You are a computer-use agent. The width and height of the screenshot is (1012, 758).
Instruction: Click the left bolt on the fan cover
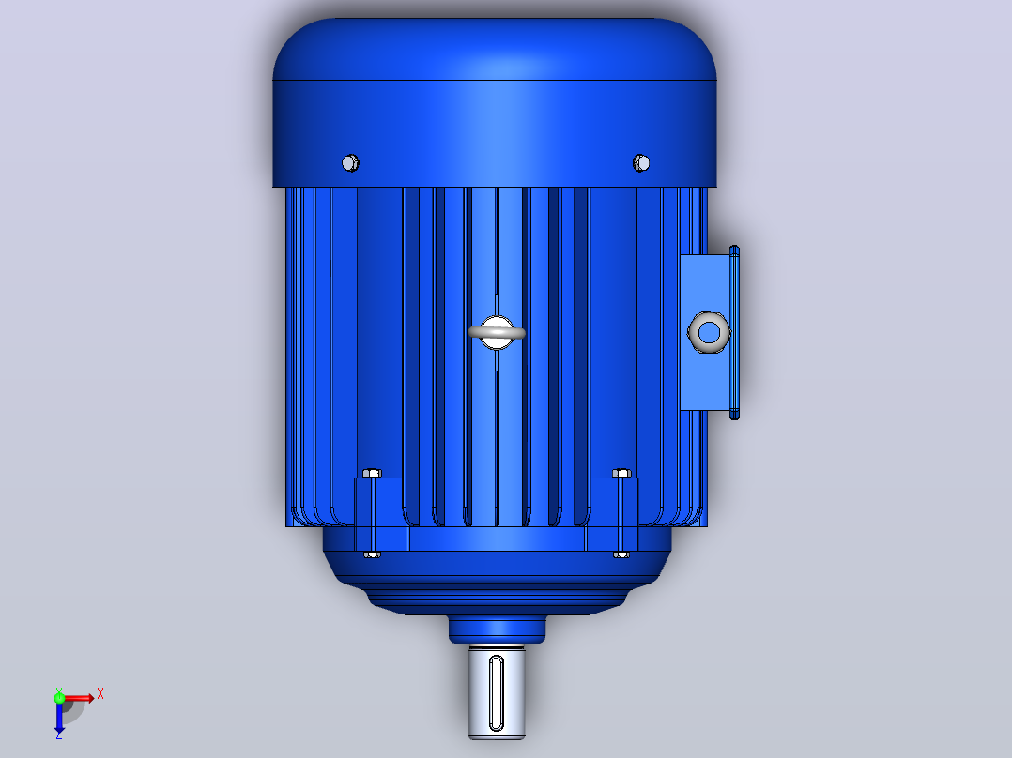coord(350,163)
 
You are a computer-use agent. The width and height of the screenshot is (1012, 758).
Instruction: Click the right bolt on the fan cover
coord(641,163)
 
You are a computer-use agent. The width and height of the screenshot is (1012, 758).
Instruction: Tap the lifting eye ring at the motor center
coord(497,333)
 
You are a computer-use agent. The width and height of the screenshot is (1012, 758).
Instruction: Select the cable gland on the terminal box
coord(709,332)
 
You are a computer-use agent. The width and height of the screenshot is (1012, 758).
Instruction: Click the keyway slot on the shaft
coord(497,693)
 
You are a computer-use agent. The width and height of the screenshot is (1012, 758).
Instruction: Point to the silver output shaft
coord(497,692)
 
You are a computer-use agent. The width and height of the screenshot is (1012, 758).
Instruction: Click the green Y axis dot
coord(59,697)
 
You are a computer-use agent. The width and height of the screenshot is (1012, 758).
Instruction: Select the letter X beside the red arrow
coord(100,694)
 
